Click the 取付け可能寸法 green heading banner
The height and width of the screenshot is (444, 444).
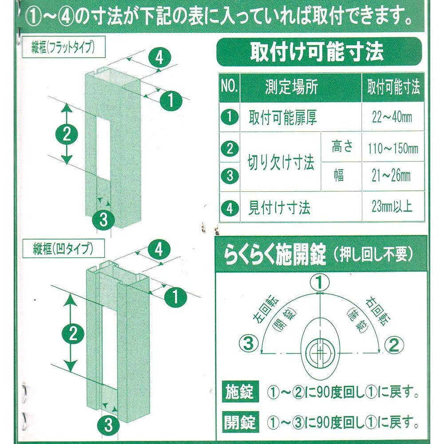[318, 52]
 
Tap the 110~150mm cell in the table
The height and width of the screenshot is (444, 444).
[393, 148]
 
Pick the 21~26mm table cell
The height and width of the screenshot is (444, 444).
[393, 176]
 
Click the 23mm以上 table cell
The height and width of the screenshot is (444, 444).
[393, 206]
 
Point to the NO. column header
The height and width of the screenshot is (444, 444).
[230, 87]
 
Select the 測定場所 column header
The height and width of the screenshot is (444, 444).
[291, 87]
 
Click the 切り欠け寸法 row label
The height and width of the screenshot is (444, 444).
[281, 163]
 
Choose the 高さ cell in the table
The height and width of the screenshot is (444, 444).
[342, 147]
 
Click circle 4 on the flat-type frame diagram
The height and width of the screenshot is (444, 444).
[159, 58]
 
